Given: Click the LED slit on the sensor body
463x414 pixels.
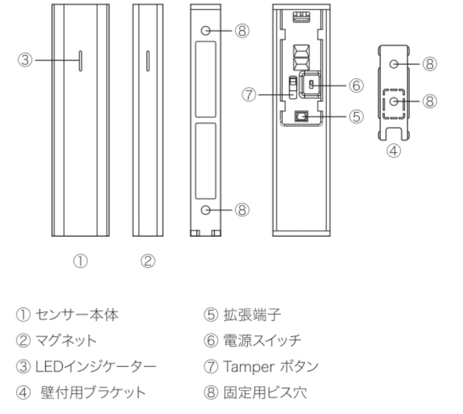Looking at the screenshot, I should point(80,61).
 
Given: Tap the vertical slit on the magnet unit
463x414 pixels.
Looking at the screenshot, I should point(148,61).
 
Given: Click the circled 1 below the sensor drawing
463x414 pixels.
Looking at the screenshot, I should point(80,261).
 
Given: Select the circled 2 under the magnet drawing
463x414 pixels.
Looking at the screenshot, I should point(148,261).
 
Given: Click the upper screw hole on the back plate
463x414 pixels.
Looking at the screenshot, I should point(206,31).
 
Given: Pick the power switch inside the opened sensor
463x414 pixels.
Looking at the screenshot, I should point(311,84).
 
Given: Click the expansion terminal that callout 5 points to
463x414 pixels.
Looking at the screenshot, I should point(301,117).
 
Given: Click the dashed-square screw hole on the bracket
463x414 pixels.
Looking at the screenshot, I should point(393,101).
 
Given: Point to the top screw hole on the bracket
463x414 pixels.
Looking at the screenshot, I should point(393,64).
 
